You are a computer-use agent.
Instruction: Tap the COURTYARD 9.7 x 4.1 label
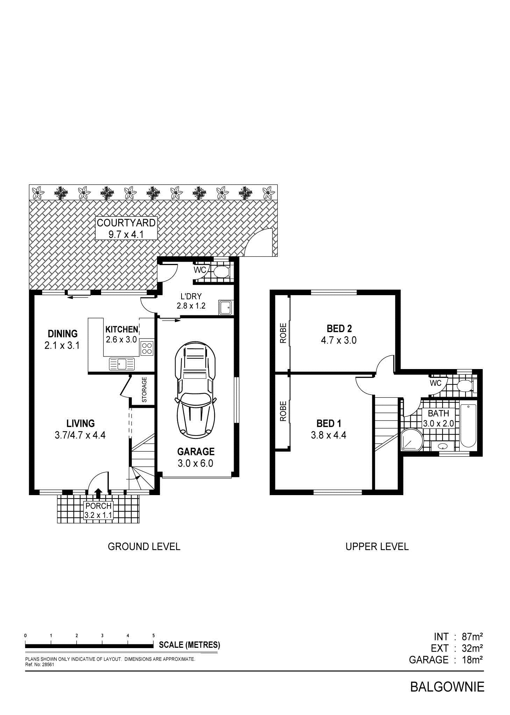[x=126, y=228]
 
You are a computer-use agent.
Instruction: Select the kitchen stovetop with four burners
[x=147, y=348]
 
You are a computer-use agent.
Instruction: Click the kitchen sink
[x=122, y=364]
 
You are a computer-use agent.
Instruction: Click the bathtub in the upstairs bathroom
[x=468, y=426]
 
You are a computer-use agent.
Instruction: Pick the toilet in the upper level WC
[x=465, y=386]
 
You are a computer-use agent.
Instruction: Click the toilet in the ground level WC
[x=221, y=272]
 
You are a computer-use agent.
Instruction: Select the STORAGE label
[x=144, y=389]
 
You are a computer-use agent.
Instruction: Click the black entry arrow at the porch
[x=98, y=493]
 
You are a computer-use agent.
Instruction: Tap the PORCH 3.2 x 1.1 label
[x=98, y=511]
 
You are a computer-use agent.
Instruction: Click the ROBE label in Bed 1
[x=283, y=411]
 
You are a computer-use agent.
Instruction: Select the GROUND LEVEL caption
[x=144, y=546]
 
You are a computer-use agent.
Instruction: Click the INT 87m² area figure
[x=458, y=636]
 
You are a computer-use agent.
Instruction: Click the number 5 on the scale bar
[x=154, y=635]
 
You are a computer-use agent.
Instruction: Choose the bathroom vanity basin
[x=443, y=446]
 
